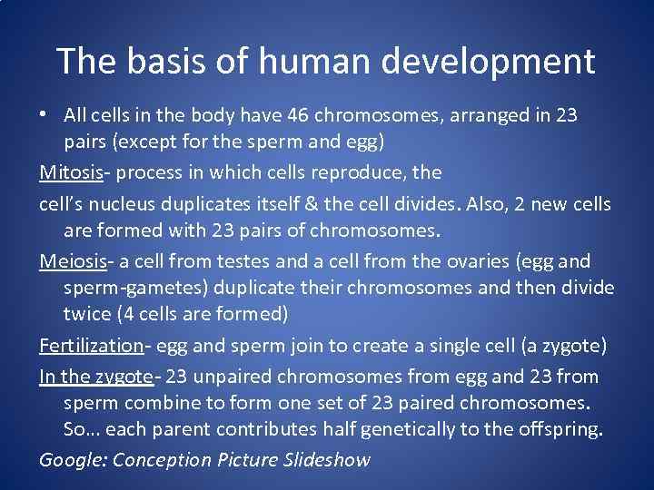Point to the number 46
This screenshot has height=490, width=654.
point(298,116)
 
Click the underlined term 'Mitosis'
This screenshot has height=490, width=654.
point(72,172)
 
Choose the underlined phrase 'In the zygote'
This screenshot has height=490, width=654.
point(95,375)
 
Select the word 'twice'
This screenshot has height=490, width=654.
point(86,315)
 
